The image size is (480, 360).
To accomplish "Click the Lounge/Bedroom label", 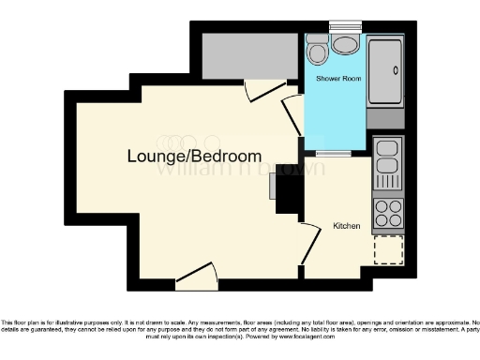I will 195,156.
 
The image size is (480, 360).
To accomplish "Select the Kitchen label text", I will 347,226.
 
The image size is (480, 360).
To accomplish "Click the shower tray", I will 387,72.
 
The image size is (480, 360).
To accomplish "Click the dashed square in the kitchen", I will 387,250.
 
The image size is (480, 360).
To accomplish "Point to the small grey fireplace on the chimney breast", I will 273,187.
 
